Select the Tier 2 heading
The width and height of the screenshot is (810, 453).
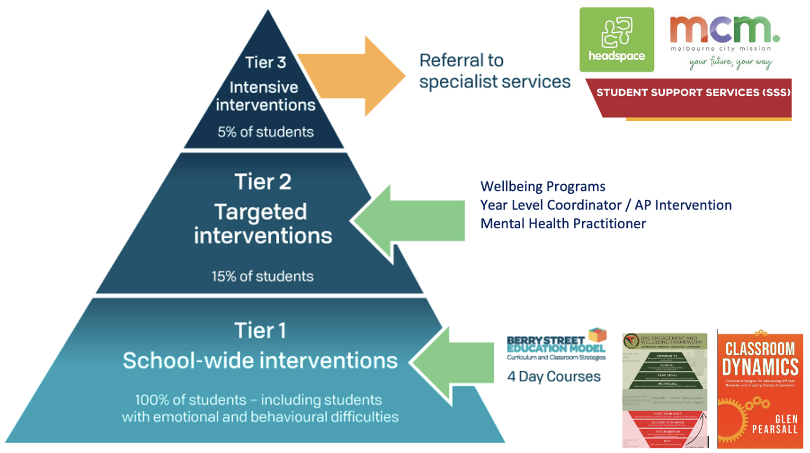[x=262, y=182]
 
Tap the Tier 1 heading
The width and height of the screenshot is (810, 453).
[x=260, y=331]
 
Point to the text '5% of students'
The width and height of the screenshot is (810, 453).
[x=265, y=132]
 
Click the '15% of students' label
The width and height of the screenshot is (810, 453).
[x=262, y=276]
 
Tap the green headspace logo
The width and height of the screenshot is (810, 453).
[x=616, y=40]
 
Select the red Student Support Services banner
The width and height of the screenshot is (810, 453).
[x=692, y=93]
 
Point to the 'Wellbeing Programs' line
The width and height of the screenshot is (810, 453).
[x=542, y=187]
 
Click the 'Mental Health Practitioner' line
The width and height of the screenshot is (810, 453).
[x=563, y=224]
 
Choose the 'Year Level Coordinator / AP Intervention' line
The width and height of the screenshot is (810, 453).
[x=606, y=205]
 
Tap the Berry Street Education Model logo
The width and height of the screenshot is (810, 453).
[x=556, y=345]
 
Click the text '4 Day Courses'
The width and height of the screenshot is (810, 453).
[x=554, y=376]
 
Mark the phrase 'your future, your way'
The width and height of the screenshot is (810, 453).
[x=730, y=62]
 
